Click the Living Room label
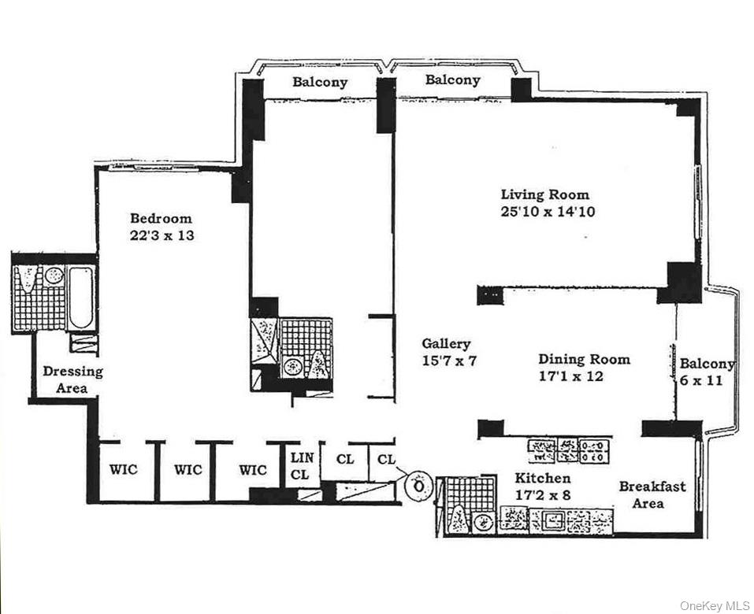[x=545, y=194]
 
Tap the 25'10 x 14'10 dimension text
[x=545, y=212]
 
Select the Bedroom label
[x=161, y=218]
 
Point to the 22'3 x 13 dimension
[x=161, y=235]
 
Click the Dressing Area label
[x=72, y=379]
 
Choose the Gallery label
[x=446, y=343]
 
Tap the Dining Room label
[x=584, y=359]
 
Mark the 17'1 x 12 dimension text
[x=584, y=376]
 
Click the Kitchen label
[x=543, y=479]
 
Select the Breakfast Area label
[x=652, y=494]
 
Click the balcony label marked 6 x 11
[x=706, y=372]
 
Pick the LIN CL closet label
[x=303, y=466]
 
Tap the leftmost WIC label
[x=123, y=470]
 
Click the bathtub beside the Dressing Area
[x=80, y=298]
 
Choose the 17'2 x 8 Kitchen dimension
[x=543, y=495]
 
